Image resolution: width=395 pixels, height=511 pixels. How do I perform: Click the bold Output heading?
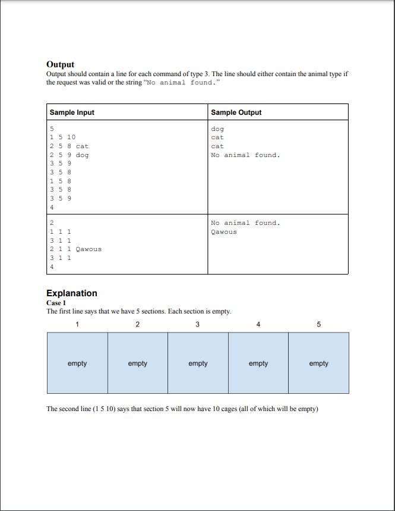(x=60, y=64)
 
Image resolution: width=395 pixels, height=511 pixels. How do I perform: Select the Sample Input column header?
(x=72, y=112)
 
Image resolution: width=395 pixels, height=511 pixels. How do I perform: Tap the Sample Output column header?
(x=236, y=112)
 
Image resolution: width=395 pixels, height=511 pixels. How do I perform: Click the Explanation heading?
(x=71, y=293)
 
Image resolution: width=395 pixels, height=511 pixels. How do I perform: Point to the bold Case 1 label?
(x=56, y=303)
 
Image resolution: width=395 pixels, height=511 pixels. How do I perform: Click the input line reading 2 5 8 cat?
(x=69, y=146)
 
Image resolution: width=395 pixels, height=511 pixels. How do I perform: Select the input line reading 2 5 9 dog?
(x=69, y=155)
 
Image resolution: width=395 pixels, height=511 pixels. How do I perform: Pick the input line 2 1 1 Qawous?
(x=75, y=249)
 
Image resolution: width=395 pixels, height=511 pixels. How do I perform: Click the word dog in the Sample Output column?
(x=217, y=128)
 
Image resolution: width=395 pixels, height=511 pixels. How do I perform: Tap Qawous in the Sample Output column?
(x=223, y=231)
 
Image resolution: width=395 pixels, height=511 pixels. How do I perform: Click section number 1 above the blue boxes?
(x=77, y=324)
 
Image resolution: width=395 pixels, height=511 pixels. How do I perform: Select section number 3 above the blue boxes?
(x=198, y=324)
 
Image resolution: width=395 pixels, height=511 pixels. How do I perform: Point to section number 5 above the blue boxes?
(x=319, y=324)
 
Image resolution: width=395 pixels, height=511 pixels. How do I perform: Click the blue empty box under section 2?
(x=138, y=363)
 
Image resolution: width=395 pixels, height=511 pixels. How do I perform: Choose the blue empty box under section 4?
(x=258, y=363)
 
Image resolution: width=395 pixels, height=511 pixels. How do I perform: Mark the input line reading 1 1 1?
(x=61, y=231)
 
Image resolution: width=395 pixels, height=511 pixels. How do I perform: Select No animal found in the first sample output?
(x=245, y=155)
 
